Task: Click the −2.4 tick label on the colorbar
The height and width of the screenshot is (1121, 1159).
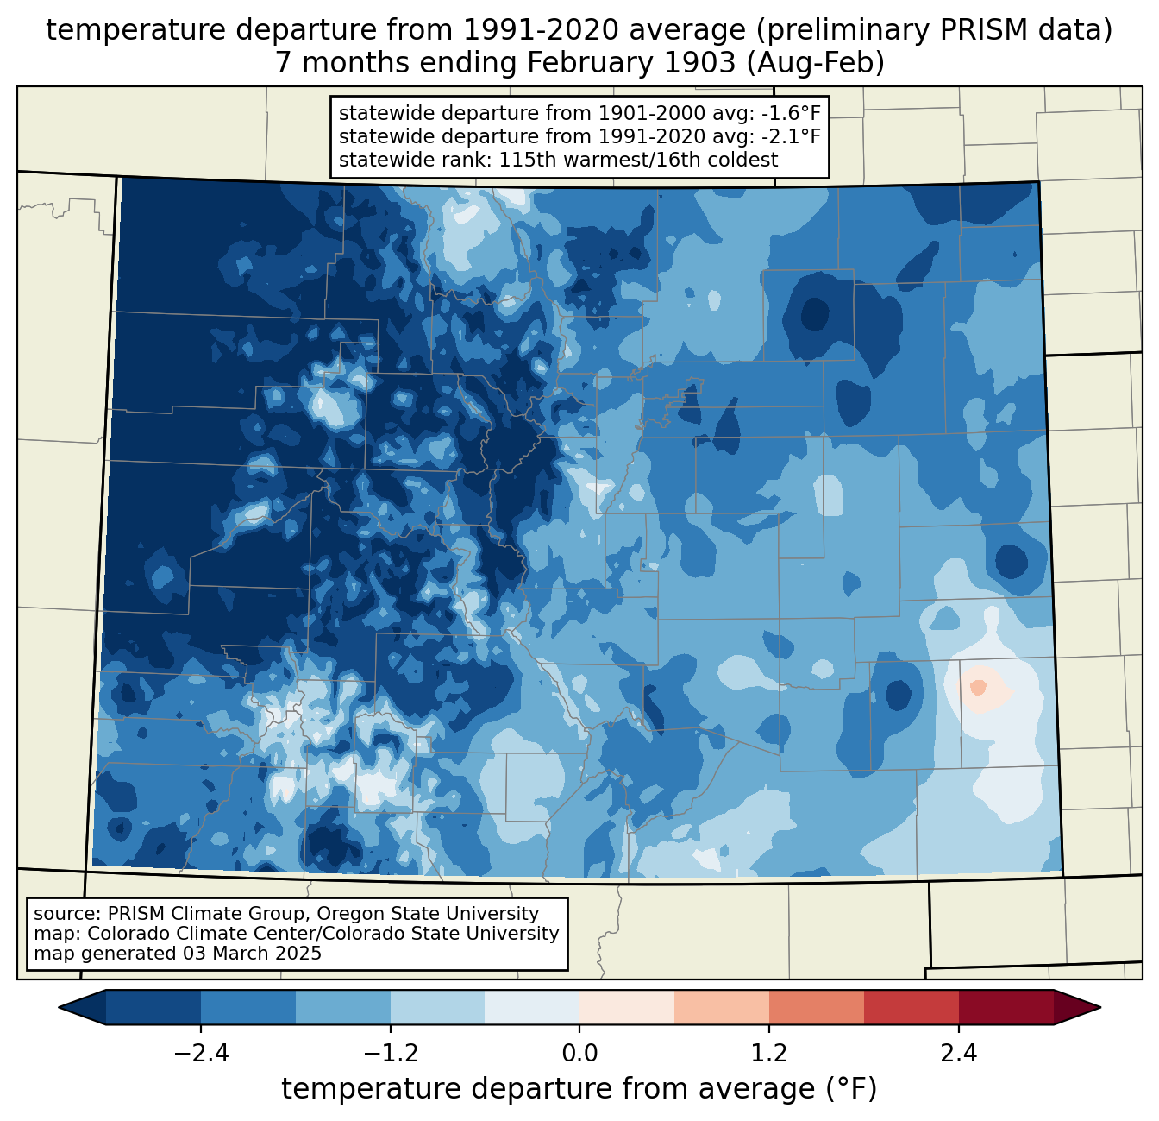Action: tap(201, 1054)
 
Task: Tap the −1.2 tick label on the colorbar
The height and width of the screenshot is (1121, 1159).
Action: tap(391, 1054)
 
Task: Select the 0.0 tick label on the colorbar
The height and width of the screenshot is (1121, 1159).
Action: tap(579, 1054)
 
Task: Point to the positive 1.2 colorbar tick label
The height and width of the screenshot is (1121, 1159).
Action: tap(769, 1054)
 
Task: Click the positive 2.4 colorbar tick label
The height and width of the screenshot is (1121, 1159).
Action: tap(958, 1054)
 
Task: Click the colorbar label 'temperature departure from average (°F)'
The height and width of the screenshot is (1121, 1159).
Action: tap(579, 1089)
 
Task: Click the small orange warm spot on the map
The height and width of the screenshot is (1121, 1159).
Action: tap(978, 687)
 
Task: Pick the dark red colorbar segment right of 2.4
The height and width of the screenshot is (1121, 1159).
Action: tap(1006, 1007)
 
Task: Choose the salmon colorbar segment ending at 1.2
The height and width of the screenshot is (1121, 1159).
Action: tap(722, 1007)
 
